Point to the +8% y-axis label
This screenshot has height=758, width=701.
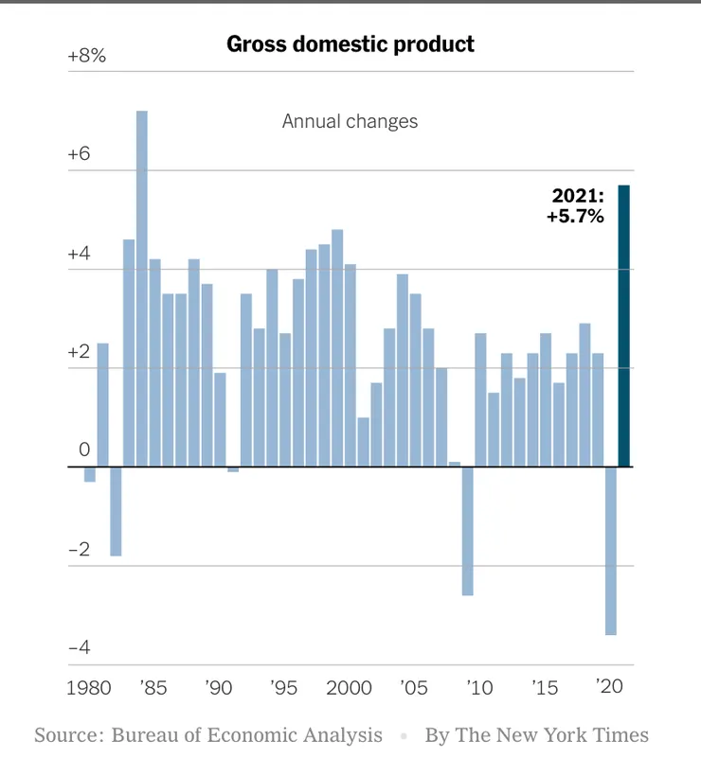(87, 56)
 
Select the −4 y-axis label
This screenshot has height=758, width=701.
(79, 647)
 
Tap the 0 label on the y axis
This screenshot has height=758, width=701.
(84, 450)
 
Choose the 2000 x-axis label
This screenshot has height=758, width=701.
(350, 687)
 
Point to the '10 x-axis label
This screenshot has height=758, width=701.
(480, 687)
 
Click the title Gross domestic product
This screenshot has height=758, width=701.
(350, 44)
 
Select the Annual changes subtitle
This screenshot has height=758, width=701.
(350, 121)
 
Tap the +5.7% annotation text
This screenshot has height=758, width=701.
(575, 216)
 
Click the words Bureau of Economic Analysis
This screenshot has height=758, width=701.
(247, 735)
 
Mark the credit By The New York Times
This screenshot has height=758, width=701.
(536, 735)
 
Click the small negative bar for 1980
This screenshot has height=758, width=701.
(90, 474)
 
